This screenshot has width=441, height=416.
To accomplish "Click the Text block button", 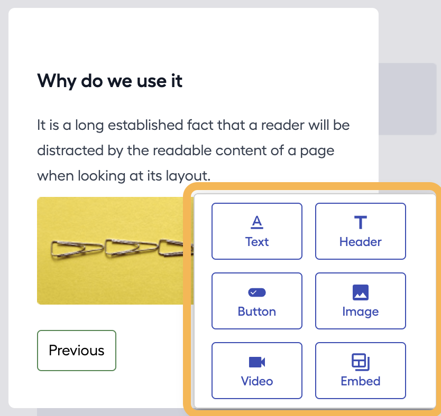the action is (x=257, y=231).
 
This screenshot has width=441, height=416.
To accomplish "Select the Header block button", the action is (x=360, y=231).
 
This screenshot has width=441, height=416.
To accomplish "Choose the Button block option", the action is (x=257, y=300).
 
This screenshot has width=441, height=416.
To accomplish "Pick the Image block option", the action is (x=360, y=300).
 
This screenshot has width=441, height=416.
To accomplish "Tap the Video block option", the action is (x=257, y=370).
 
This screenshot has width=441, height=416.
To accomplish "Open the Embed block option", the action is (x=360, y=370).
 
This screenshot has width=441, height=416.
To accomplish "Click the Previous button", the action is (x=77, y=351).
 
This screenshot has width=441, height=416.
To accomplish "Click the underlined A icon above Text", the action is (x=257, y=222).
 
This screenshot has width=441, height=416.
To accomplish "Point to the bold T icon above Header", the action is (x=360, y=222).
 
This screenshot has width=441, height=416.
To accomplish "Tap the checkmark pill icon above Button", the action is (x=257, y=292).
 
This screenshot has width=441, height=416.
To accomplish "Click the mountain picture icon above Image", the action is (x=360, y=292).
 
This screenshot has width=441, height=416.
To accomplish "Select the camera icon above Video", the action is (x=257, y=362).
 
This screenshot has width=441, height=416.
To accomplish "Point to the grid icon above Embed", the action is (x=360, y=362).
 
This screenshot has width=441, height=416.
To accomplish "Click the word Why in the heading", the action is (x=57, y=81).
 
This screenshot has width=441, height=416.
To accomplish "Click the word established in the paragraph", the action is (x=145, y=125).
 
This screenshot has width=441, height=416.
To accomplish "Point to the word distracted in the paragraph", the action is (x=70, y=150).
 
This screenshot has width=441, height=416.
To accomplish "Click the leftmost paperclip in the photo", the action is (x=77, y=249).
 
